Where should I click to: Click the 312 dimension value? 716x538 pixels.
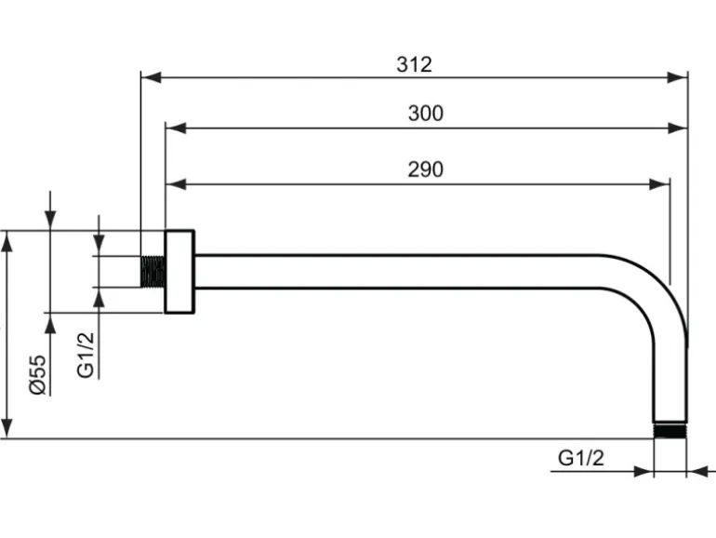point(414,64)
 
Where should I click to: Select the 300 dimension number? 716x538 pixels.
point(426,114)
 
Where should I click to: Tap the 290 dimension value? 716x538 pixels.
point(425,169)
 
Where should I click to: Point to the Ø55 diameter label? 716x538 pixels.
point(37,374)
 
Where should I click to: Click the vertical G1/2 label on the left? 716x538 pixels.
point(86,355)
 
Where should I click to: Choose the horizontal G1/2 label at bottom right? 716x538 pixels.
point(581,458)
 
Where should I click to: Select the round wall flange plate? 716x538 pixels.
point(179,271)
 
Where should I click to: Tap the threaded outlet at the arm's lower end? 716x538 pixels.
point(670,430)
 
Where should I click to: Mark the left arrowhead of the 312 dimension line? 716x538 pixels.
point(149,78)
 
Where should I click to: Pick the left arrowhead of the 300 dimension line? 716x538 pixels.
point(174,128)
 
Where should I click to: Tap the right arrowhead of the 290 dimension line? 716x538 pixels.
point(661,184)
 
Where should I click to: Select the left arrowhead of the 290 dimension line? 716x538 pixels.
point(174,184)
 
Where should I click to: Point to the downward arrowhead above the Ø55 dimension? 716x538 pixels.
point(51,221)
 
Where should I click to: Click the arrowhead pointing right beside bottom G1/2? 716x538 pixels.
point(643,472)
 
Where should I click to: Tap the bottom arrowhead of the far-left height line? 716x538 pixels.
point(8,429)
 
